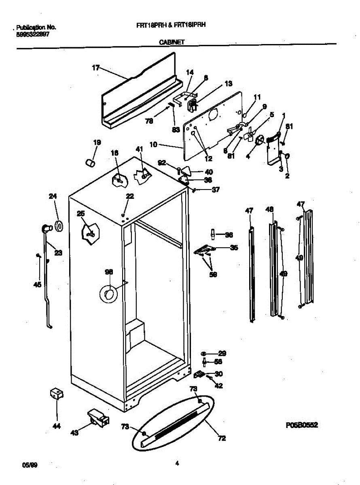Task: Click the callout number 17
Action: (95, 68)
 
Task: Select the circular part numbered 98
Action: (108, 294)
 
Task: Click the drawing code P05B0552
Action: (301, 425)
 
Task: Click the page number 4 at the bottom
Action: (177, 464)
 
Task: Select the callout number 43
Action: (74, 433)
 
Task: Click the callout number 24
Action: (53, 196)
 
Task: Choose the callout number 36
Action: (229, 234)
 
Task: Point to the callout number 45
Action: (37, 285)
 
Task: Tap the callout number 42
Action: (219, 386)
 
